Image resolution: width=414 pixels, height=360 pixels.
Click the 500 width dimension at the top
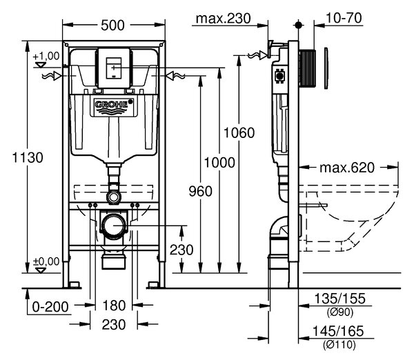click(112, 26)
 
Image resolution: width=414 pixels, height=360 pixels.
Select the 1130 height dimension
click(28, 158)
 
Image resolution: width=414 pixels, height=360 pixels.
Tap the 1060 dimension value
click(239, 132)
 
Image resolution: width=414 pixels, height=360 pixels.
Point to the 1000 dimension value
click(219, 163)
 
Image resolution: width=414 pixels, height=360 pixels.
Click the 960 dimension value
click(200, 191)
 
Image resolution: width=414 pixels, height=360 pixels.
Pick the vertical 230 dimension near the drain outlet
click(181, 250)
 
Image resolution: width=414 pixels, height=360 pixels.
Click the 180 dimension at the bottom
click(114, 306)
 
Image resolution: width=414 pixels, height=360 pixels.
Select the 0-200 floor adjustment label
click(50, 307)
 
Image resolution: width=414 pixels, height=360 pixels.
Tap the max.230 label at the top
click(223, 19)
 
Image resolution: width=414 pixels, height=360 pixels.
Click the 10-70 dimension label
click(344, 18)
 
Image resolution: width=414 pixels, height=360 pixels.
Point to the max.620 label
click(347, 168)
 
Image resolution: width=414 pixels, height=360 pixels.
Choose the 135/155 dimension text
click(339, 299)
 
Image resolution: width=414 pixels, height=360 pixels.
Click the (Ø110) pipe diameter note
click(339, 344)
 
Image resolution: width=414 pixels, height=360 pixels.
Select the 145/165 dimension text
click(338, 331)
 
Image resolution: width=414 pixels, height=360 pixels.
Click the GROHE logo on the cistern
click(112, 106)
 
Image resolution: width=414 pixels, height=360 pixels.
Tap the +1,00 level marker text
click(46, 57)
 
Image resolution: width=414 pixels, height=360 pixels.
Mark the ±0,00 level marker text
click(46, 262)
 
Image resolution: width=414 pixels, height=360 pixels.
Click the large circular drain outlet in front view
click(114, 226)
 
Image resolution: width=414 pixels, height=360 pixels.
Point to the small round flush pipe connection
click(114, 197)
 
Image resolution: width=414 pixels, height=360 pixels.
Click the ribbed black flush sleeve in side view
click(307, 68)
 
